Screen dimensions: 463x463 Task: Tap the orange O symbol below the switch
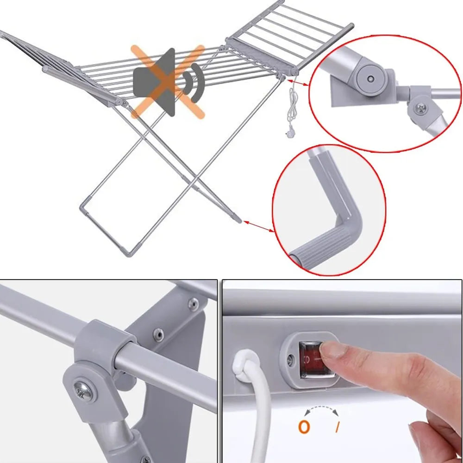pyautogui.click(x=304, y=427)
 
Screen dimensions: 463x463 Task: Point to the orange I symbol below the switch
pyautogui.click(x=338, y=427)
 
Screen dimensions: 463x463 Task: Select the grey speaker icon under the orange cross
pyautogui.click(x=154, y=82)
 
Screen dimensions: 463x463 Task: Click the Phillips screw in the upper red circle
pyautogui.click(x=420, y=108)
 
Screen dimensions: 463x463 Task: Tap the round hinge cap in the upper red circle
pyautogui.click(x=370, y=79)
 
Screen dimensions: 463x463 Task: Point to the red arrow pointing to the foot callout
pyautogui.click(x=258, y=226)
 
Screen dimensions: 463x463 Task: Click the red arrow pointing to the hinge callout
pyautogui.click(x=298, y=83)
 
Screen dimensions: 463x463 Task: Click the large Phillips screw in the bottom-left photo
pyautogui.click(x=85, y=392)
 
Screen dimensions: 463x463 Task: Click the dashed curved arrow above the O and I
pyautogui.click(x=321, y=409)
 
